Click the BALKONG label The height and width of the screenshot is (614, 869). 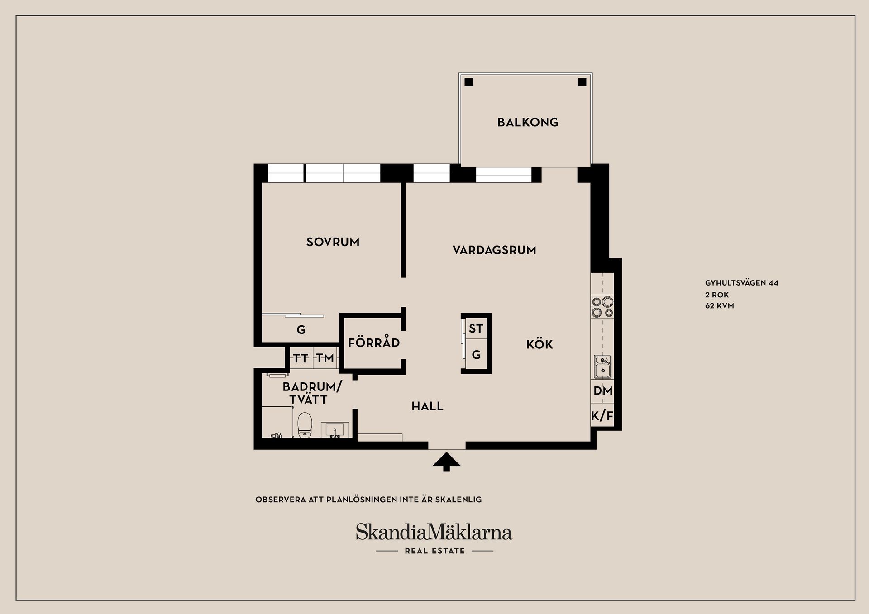tap(528, 122)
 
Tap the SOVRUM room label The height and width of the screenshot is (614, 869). tap(333, 242)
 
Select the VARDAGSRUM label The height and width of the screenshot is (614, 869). tap(494, 250)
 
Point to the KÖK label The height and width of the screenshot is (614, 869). tap(540, 345)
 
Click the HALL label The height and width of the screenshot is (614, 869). tap(427, 406)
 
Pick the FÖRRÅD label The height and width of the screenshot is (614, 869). tap(374, 343)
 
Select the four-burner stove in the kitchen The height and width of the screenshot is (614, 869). tap(602, 307)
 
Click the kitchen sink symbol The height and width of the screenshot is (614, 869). tap(602, 366)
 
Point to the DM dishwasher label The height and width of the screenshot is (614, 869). tap(602, 391)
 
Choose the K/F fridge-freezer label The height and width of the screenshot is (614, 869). tap(602, 416)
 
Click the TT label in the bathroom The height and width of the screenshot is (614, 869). tap(301, 359)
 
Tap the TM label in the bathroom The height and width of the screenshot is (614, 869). tap(325, 359)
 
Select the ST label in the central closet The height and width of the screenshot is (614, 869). tap(476, 328)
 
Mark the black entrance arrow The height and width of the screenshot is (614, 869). tap(446, 462)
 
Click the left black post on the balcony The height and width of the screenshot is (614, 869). tap(469, 82)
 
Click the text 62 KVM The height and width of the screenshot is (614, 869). tap(719, 306)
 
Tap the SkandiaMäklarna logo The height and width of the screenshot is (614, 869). tap(434, 533)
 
